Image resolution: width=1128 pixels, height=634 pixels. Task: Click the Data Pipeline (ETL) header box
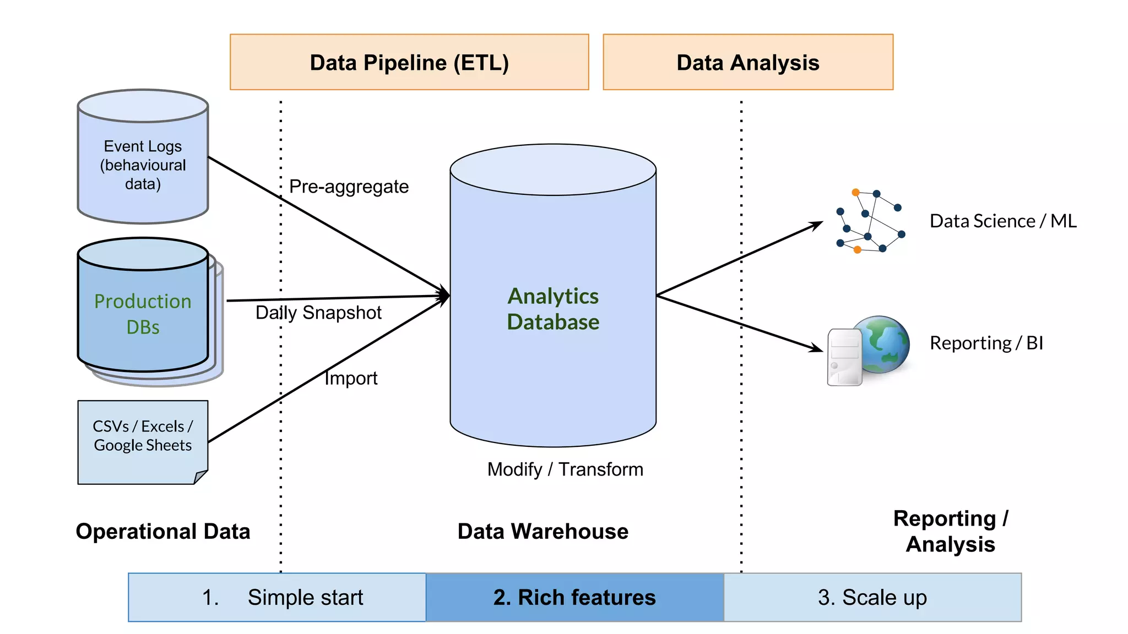[409, 62]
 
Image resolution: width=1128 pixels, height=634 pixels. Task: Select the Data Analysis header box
[747, 62]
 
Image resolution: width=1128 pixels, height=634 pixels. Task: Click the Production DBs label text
[143, 314]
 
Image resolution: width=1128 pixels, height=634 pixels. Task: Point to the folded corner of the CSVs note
[201, 477]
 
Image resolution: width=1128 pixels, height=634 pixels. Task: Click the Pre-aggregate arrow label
[349, 187]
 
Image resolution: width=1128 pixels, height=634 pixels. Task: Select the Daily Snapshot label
[318, 313]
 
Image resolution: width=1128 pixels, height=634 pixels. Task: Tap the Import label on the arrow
[351, 378]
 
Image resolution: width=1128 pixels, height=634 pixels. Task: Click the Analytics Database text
[553, 309]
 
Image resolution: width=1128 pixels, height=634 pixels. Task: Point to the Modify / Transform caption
[565, 469]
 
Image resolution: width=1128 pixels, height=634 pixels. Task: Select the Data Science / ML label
[1003, 221]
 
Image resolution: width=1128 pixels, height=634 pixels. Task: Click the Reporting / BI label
[986, 343]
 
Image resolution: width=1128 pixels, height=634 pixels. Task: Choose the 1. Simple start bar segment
[277, 597]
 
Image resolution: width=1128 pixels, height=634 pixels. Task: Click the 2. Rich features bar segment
[574, 597]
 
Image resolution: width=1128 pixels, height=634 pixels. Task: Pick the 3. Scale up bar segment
[872, 597]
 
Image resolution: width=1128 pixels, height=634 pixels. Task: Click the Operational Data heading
[163, 532]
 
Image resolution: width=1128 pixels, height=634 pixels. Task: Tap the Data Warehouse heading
[543, 532]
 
